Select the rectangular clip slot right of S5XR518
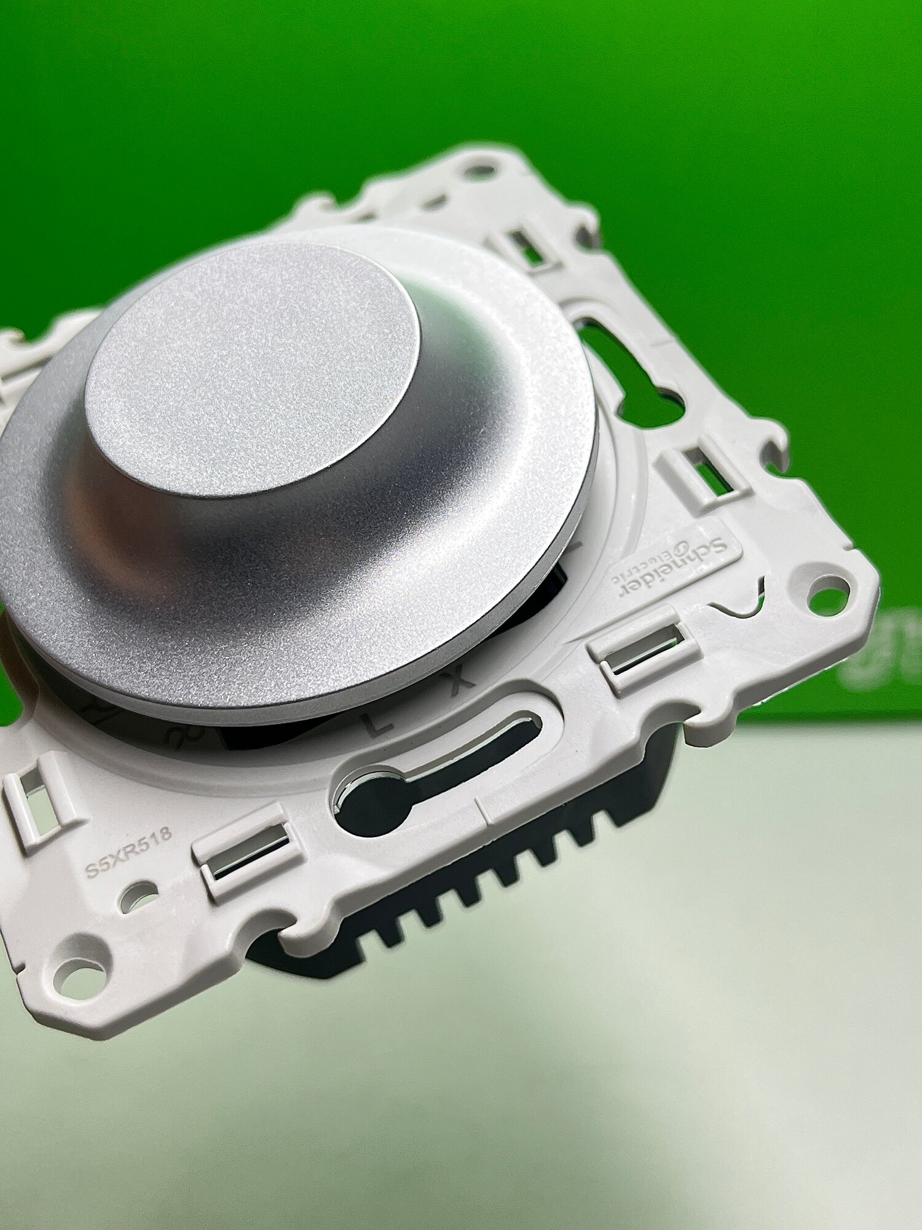coord(246,855)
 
